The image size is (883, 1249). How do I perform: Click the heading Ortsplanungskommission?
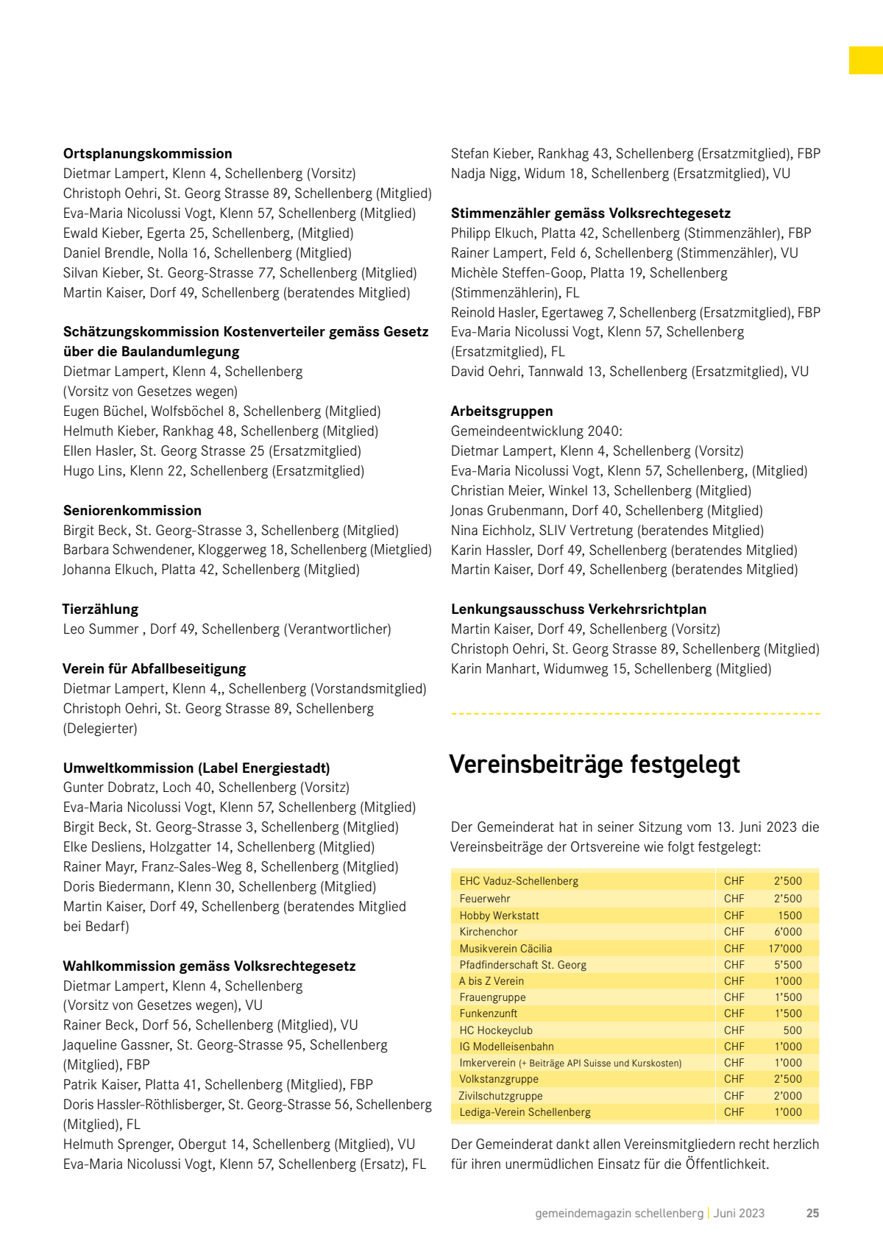pyautogui.click(x=147, y=154)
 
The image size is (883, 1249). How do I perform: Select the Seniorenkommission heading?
pyautogui.click(x=132, y=511)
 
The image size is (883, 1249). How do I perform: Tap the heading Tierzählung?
pyautogui.click(x=100, y=609)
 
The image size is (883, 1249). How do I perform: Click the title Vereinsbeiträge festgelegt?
pyautogui.click(x=595, y=765)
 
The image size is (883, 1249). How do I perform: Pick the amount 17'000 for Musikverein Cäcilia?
pyautogui.click(x=785, y=949)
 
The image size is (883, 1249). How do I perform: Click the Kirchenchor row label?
pyautogui.click(x=489, y=932)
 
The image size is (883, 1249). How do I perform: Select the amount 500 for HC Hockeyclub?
pyautogui.click(x=792, y=1030)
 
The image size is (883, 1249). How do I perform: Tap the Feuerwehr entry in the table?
pyautogui.click(x=485, y=899)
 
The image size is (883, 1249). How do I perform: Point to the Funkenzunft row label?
pyautogui.click(x=489, y=1013)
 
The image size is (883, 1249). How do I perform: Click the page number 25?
pyautogui.click(x=812, y=1214)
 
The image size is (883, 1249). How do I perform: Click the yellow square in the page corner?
pyautogui.click(x=866, y=60)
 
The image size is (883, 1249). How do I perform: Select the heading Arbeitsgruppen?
pyautogui.click(x=501, y=411)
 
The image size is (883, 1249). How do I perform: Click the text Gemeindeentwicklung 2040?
pyautogui.click(x=536, y=431)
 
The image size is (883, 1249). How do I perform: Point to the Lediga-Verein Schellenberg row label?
pyautogui.click(x=525, y=1112)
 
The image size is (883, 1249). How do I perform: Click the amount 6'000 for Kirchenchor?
pyautogui.click(x=788, y=932)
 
